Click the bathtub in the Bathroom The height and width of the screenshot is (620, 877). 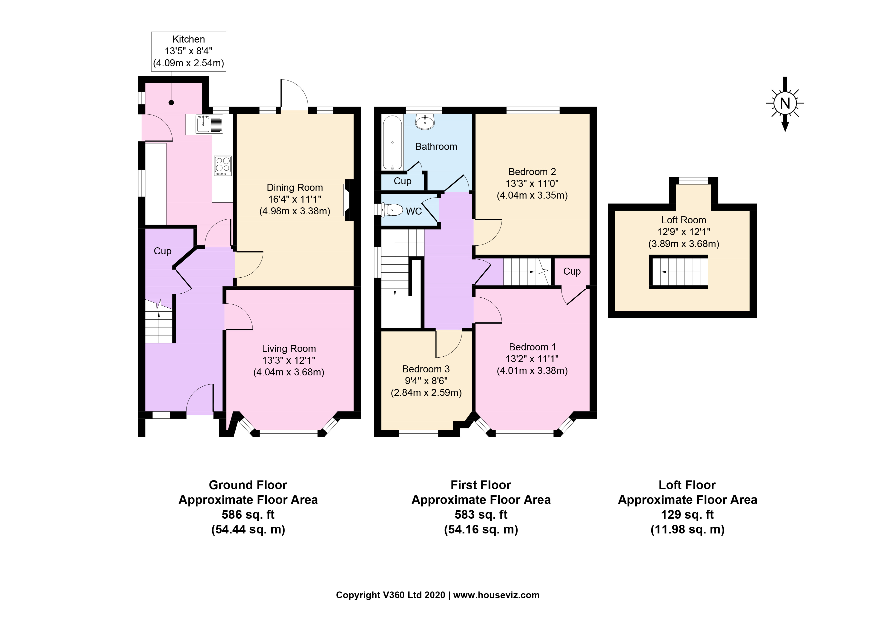point(392,143)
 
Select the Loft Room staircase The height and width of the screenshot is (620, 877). point(678,272)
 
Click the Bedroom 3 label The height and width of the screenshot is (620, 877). point(426,369)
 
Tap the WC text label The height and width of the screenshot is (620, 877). point(414,211)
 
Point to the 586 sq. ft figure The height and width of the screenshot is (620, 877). point(248,514)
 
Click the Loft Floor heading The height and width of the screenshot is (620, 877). point(687,485)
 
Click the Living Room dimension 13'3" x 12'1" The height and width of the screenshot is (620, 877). point(289,360)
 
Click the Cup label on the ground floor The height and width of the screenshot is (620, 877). point(162,251)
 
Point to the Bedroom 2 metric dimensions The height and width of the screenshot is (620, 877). point(532,196)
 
